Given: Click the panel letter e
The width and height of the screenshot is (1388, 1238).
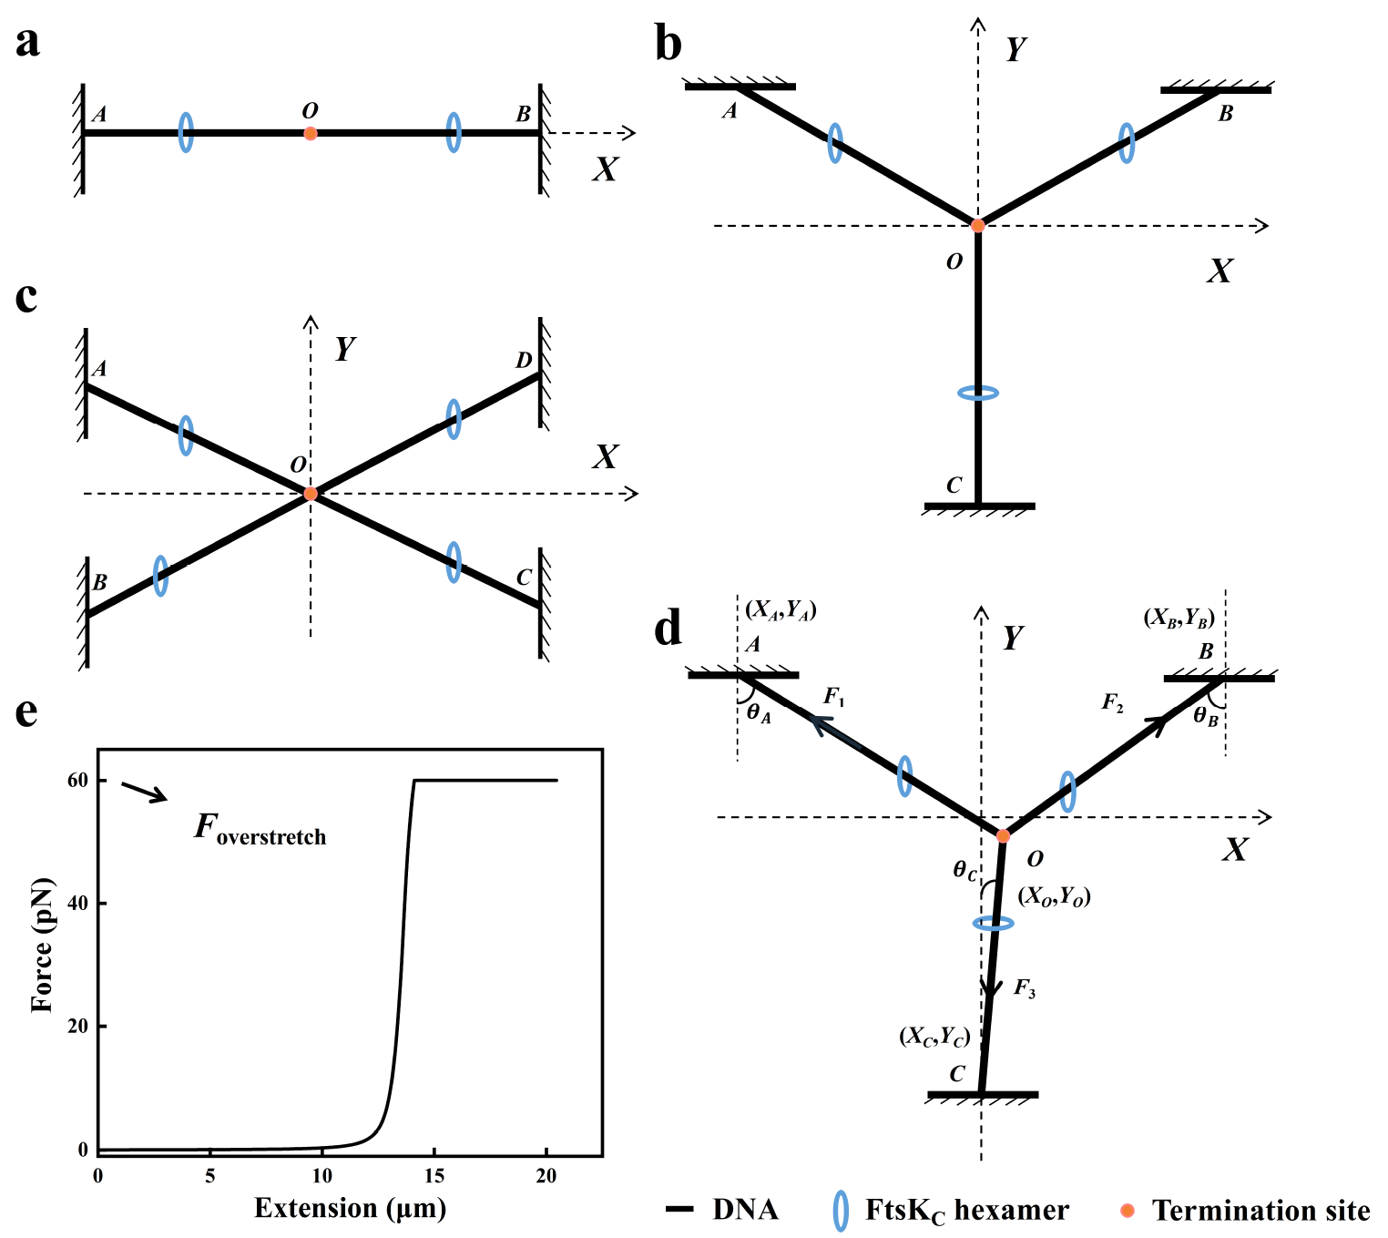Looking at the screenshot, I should pyautogui.click(x=27, y=711).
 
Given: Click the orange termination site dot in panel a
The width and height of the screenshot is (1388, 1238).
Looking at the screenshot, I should pyautogui.click(x=311, y=133).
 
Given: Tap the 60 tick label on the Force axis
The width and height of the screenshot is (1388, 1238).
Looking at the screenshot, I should pyautogui.click(x=77, y=781).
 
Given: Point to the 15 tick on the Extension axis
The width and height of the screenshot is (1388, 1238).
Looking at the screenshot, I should pyautogui.click(x=434, y=1176).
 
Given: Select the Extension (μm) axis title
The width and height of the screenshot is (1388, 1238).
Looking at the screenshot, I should pyautogui.click(x=350, y=1209).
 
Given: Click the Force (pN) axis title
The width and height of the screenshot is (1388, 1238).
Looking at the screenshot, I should pyautogui.click(x=42, y=946).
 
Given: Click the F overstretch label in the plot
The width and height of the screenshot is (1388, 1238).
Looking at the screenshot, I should pyautogui.click(x=260, y=829).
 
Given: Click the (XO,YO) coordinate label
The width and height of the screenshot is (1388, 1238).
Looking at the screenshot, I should pyautogui.click(x=1054, y=896).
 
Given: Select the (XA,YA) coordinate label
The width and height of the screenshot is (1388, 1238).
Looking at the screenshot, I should pyautogui.click(x=781, y=609).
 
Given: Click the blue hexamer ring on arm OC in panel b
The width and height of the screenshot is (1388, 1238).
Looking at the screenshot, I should pyautogui.click(x=978, y=394).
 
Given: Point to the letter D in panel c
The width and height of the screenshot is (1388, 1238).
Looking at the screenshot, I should pyautogui.click(x=524, y=361).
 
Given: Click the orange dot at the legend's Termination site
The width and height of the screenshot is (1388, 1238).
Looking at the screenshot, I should pyautogui.click(x=1128, y=1210).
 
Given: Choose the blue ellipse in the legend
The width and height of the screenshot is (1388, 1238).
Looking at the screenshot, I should pyautogui.click(x=841, y=1210).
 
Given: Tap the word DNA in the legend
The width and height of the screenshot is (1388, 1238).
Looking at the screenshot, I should pyautogui.click(x=745, y=1210).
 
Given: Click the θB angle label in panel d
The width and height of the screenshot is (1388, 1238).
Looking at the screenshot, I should pyautogui.click(x=1206, y=717).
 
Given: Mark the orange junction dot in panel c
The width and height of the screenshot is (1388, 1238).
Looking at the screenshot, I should pyautogui.click(x=311, y=494).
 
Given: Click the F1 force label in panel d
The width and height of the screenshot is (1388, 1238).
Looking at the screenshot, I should pyautogui.click(x=834, y=698).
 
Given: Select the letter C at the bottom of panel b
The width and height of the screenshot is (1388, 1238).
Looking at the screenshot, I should pyautogui.click(x=954, y=486).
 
